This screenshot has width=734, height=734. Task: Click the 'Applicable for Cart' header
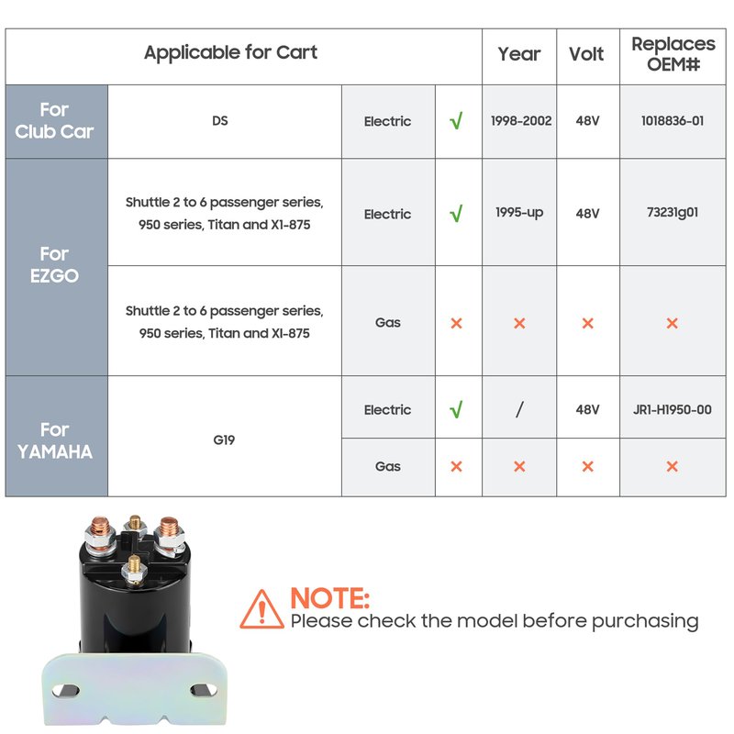click(x=230, y=52)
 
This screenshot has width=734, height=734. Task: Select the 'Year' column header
click(x=518, y=54)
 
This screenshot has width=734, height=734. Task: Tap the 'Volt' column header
click(x=586, y=54)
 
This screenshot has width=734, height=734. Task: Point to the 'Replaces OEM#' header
click(x=673, y=54)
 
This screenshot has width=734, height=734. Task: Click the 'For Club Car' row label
click(x=54, y=121)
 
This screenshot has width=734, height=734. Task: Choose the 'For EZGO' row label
click(x=54, y=265)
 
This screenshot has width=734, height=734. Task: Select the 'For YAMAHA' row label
click(x=55, y=441)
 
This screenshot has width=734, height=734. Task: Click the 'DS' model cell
click(x=220, y=121)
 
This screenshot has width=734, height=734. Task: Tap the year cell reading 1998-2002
click(x=521, y=121)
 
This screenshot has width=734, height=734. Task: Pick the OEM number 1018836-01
click(x=673, y=121)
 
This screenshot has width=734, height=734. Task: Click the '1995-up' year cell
click(x=519, y=213)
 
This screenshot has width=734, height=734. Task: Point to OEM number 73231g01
click(x=673, y=213)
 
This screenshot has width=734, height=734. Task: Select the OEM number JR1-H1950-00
click(x=673, y=409)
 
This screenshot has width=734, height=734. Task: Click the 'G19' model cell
click(x=224, y=440)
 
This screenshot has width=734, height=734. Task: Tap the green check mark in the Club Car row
click(x=456, y=120)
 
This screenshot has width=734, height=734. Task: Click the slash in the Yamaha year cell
click(x=519, y=409)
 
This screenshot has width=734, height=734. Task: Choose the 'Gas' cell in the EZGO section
click(x=387, y=323)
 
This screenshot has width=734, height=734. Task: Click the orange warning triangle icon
click(x=261, y=610)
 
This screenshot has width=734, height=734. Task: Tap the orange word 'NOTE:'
click(x=330, y=598)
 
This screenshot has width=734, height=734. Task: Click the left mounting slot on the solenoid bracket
click(x=65, y=690)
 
